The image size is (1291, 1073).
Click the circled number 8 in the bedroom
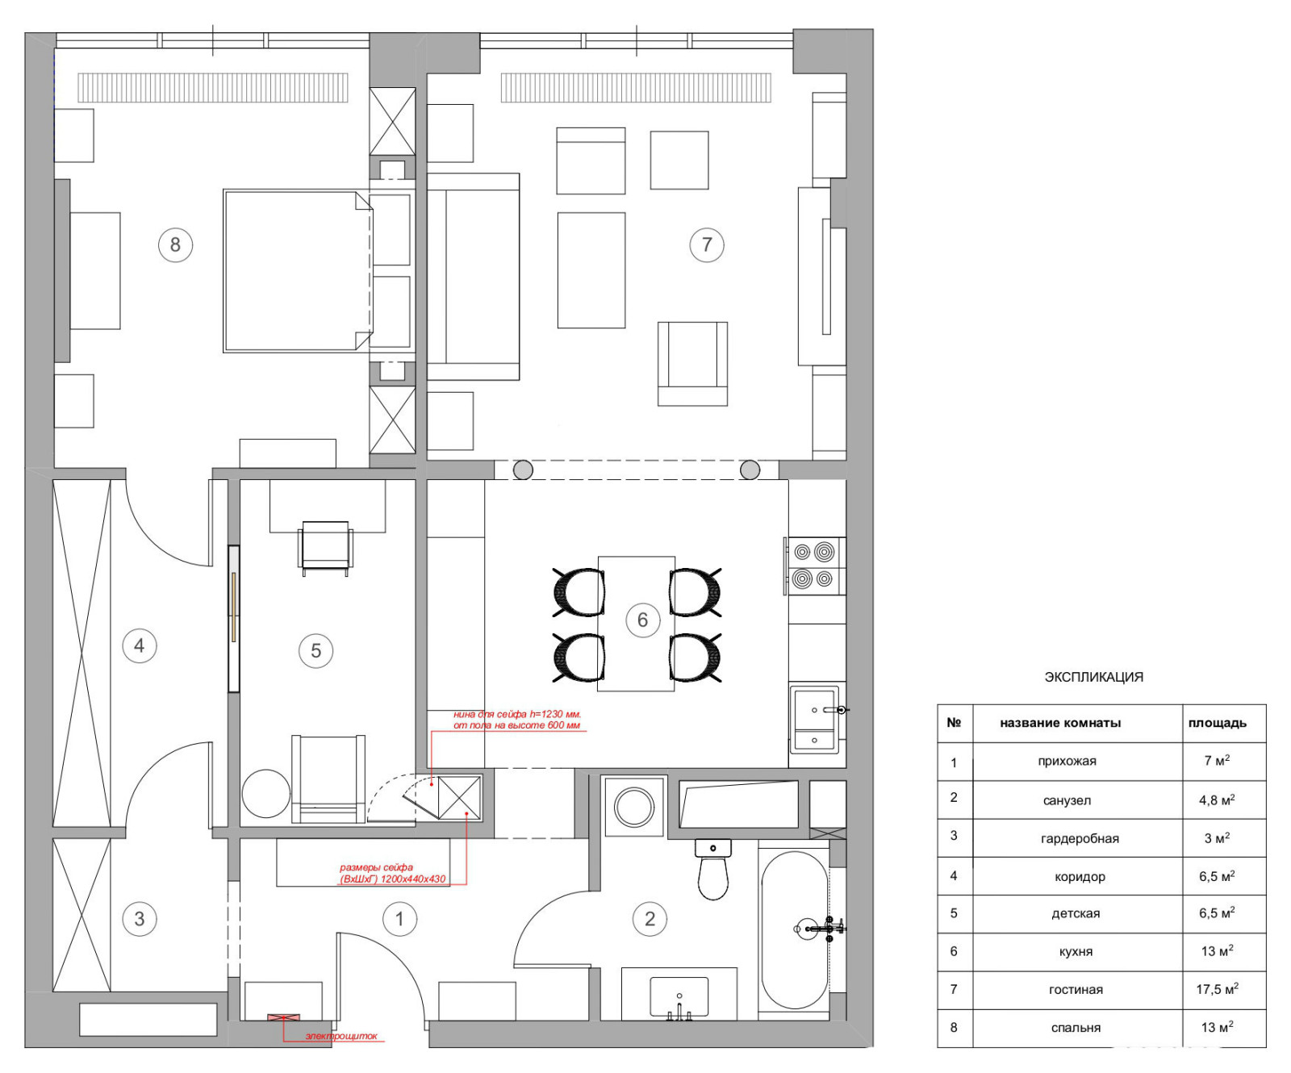(x=175, y=244)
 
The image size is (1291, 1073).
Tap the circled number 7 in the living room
(x=707, y=244)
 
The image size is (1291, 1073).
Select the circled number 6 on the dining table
(x=642, y=620)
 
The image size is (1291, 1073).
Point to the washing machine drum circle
(x=634, y=807)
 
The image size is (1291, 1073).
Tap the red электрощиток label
(x=341, y=1036)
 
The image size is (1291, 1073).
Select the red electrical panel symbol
(x=283, y=1018)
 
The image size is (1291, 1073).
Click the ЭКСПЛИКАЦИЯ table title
(x=1093, y=677)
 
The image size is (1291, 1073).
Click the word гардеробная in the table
(x=1080, y=838)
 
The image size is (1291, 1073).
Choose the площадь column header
(x=1217, y=723)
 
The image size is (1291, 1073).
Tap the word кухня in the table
(x=1076, y=952)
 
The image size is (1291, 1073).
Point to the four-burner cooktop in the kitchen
(x=813, y=566)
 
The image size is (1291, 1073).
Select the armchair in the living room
(x=692, y=363)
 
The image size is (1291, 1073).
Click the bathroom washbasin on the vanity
(x=679, y=997)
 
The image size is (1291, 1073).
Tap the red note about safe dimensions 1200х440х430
(x=393, y=874)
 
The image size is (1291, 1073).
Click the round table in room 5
(x=265, y=794)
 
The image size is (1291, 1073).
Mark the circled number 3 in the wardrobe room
(x=140, y=918)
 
